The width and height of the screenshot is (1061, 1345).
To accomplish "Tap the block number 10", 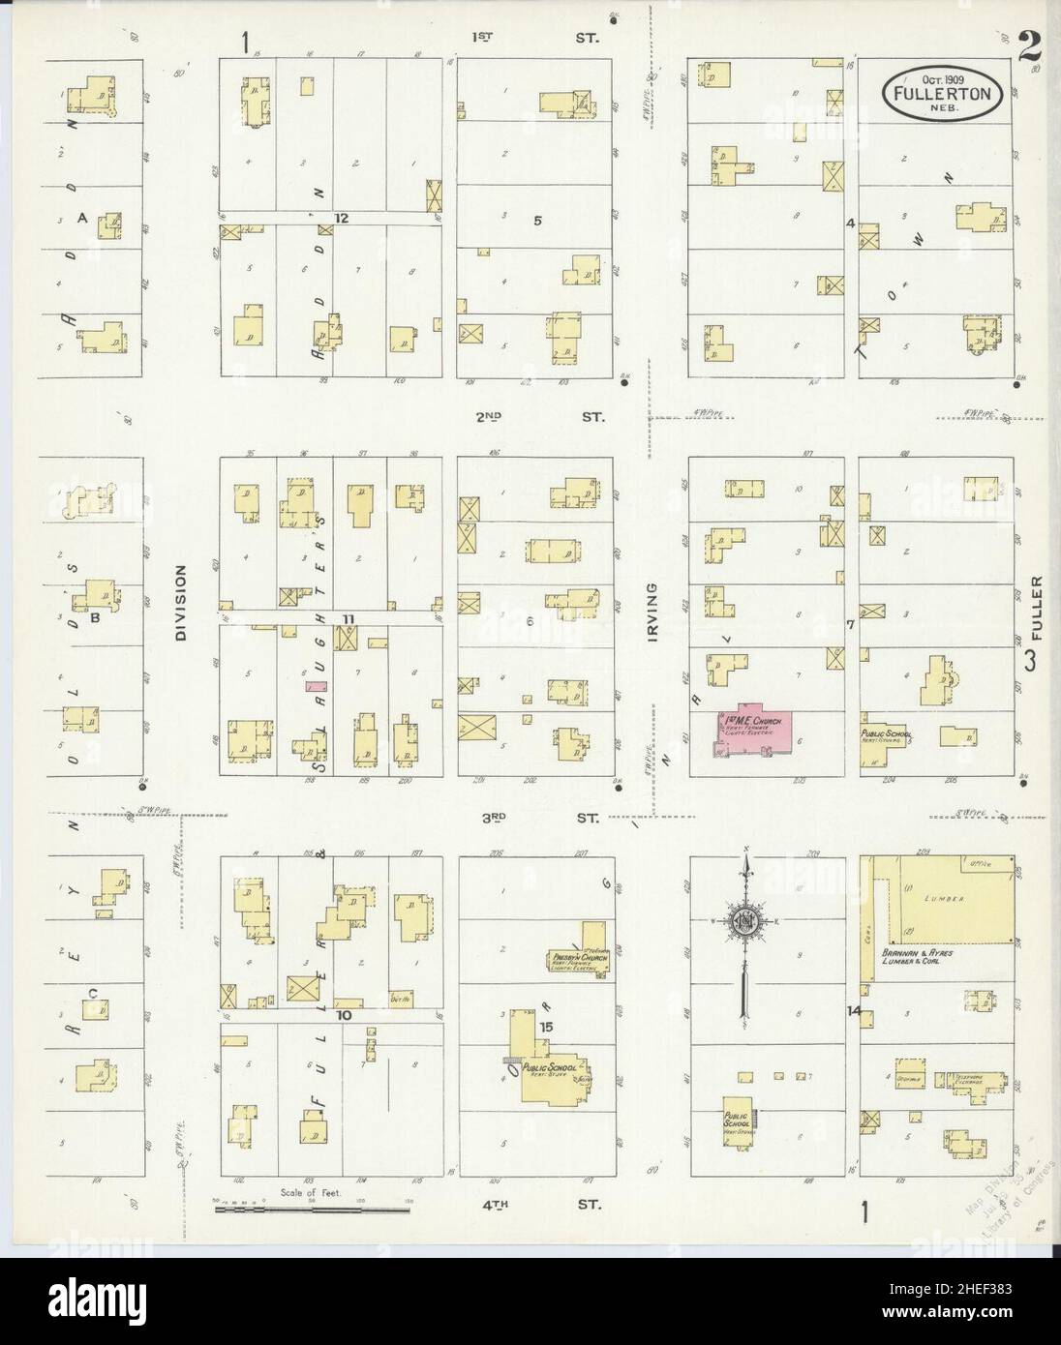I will (343, 1016).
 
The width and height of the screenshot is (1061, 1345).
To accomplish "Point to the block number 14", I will (853, 1011).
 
